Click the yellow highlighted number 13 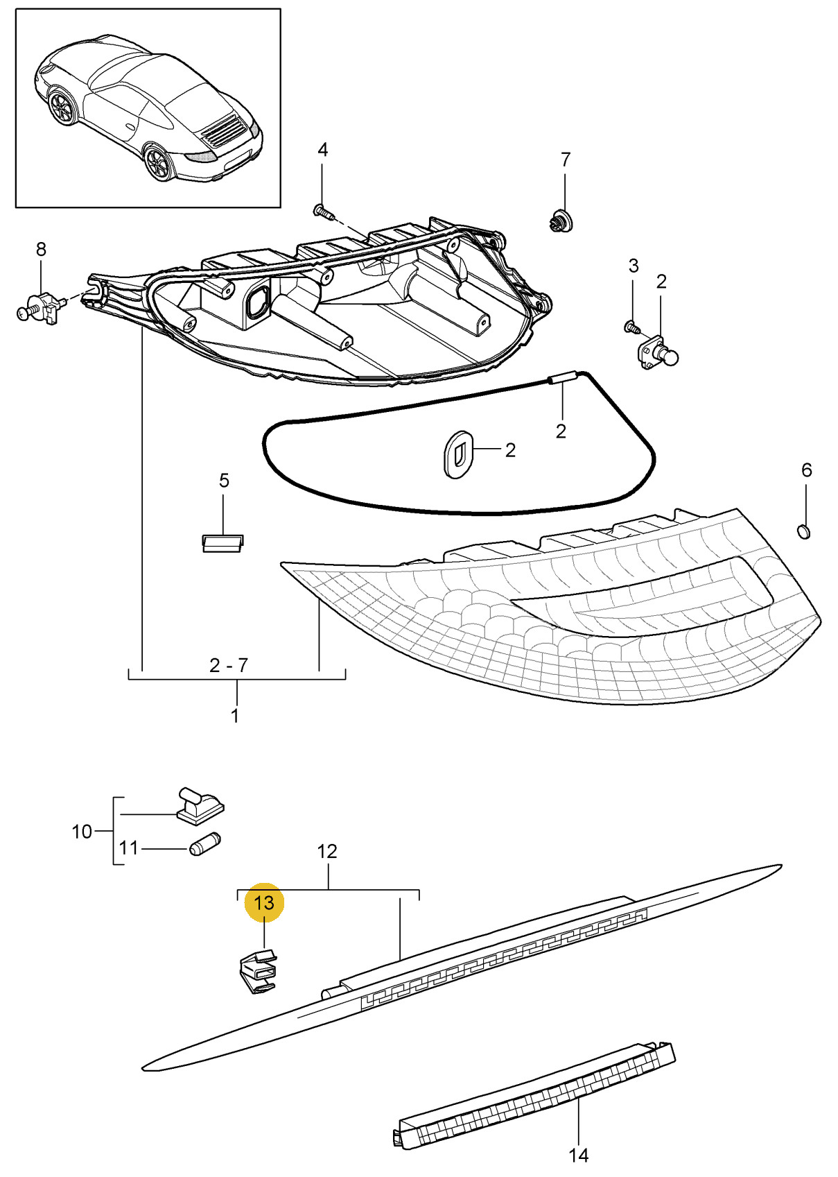point(264,902)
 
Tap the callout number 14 point(578,1155)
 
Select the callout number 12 point(326,851)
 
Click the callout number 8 point(41,249)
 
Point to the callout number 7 point(565,160)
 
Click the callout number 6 point(806,470)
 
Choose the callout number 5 point(224,481)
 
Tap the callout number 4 point(322,150)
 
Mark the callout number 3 point(633,266)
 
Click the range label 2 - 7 point(228,666)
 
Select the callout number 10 point(82,831)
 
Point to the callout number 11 point(129,848)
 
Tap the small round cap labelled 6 point(803,532)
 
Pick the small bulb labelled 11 point(205,844)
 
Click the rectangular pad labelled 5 point(222,542)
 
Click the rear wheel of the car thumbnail point(159,164)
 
